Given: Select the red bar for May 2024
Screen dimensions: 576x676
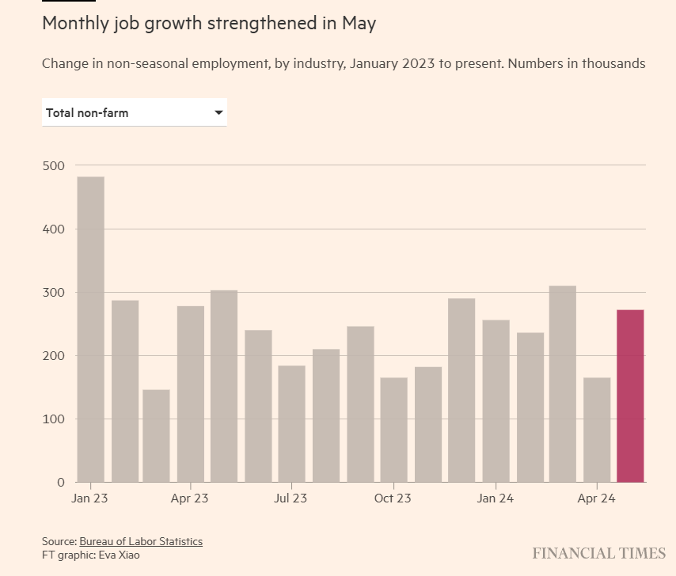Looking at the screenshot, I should [x=630, y=396].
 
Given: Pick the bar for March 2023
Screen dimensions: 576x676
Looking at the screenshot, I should [x=156, y=436].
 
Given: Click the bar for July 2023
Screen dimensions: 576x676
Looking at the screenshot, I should [x=291, y=423].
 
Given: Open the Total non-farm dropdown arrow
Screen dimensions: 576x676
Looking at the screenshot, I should [x=218, y=113].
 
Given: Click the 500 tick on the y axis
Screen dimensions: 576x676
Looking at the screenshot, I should [x=53, y=166].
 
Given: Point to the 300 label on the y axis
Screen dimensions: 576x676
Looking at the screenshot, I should [x=53, y=293].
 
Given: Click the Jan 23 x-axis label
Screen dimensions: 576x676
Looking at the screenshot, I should [x=89, y=498].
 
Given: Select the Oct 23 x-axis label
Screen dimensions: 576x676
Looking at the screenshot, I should [x=393, y=498].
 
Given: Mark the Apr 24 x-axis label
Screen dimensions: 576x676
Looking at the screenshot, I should [x=596, y=498].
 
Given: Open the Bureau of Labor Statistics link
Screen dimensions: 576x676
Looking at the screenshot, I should [x=141, y=542].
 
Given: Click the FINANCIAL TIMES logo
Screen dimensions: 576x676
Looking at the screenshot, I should [x=598, y=552].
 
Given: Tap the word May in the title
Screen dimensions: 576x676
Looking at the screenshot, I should [x=359, y=24].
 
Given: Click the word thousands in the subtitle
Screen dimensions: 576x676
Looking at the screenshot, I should [x=614, y=63].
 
